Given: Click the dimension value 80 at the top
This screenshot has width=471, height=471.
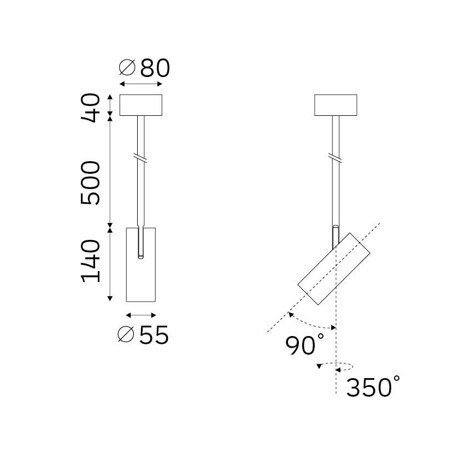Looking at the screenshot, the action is click(155, 68).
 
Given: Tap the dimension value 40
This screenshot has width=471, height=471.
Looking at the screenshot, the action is click(90, 108).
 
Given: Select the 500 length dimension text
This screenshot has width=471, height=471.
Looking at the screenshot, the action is click(90, 183).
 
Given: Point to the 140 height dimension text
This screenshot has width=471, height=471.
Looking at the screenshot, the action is click(90, 261).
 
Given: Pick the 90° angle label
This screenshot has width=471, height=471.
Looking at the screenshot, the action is click(304, 344).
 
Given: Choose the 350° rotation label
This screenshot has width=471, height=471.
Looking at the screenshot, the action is click(373, 386).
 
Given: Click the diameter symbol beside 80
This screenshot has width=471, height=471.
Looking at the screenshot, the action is click(127, 67).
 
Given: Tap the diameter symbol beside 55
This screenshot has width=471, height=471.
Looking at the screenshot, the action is click(126, 334).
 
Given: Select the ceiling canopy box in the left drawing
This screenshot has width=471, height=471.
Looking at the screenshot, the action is click(141, 105).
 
